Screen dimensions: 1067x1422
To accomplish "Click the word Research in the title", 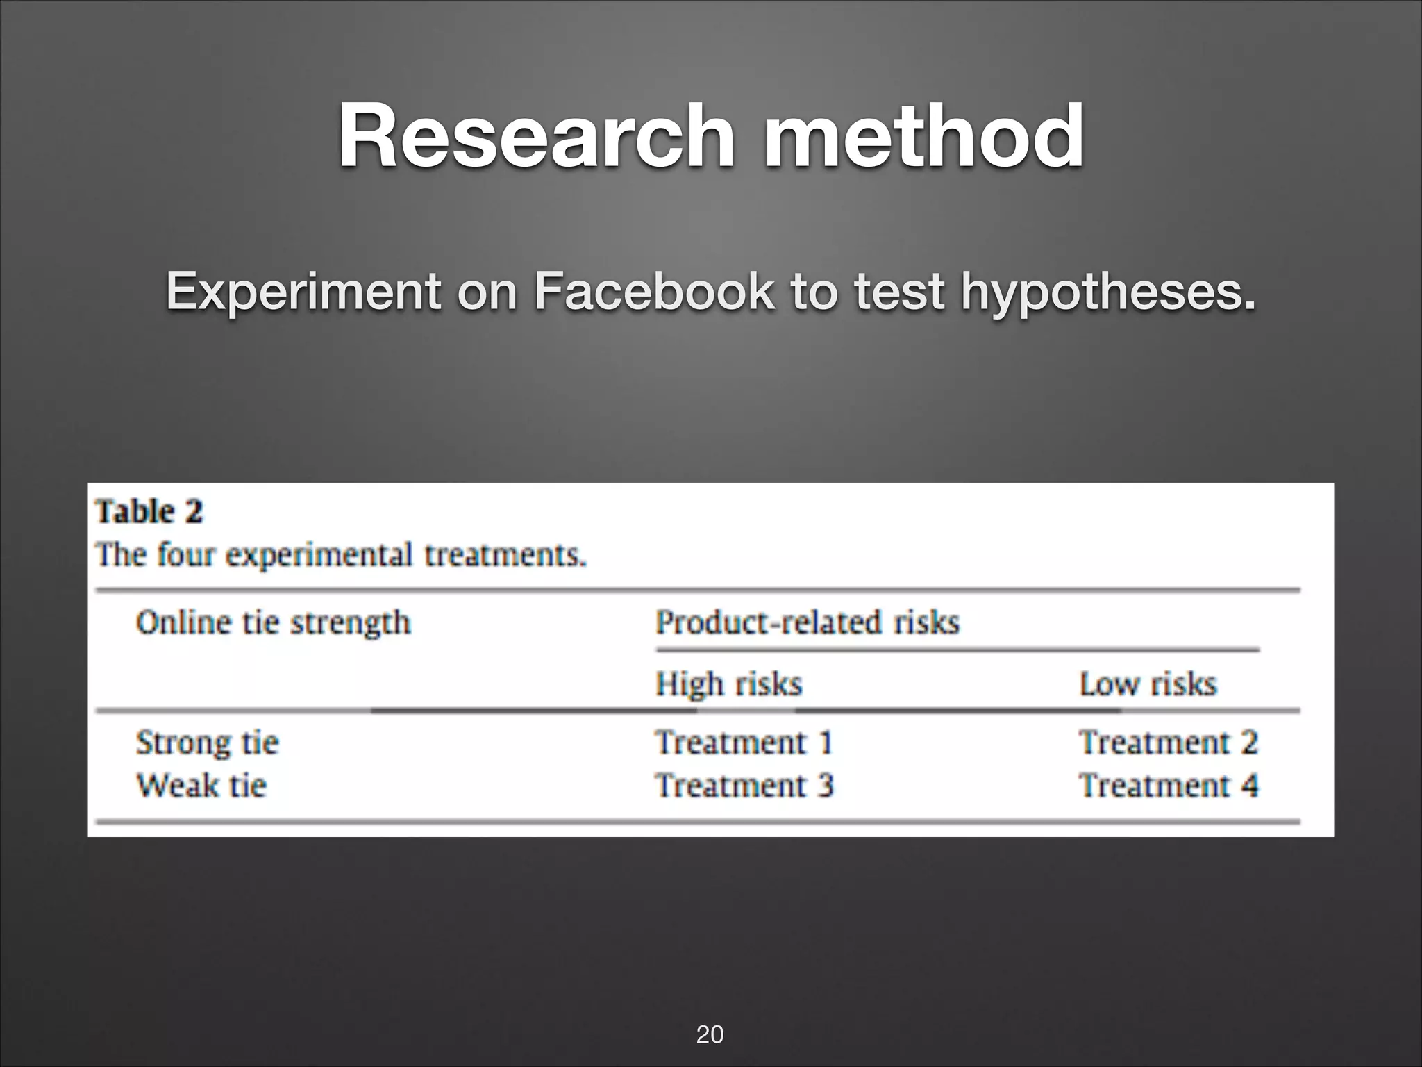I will [x=535, y=136].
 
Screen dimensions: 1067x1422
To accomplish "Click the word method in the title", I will [x=923, y=136].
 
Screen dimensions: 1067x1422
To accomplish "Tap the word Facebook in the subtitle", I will [x=653, y=291].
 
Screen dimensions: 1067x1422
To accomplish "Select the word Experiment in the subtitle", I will [x=303, y=291].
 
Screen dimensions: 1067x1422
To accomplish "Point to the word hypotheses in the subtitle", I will [x=1108, y=291].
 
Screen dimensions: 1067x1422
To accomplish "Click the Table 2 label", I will [x=149, y=512].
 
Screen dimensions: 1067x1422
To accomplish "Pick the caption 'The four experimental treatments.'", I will [x=341, y=555].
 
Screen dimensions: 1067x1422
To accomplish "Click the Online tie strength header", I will [x=274, y=622].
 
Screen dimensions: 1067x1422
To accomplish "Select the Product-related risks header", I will [x=808, y=622].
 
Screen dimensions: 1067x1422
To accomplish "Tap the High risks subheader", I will [x=729, y=684].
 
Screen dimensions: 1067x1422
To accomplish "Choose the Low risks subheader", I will [x=1148, y=684].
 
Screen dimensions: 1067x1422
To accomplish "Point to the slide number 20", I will [x=710, y=1034].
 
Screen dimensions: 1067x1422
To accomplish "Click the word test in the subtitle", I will [x=898, y=291].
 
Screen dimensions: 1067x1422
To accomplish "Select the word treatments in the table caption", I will [x=505, y=555].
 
